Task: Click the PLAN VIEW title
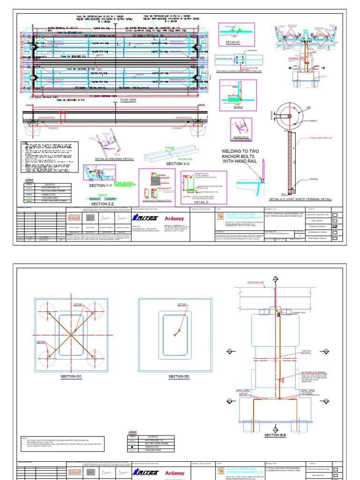pyautogui.click(x=128, y=100)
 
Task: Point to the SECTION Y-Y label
pyautogui.click(x=102, y=186)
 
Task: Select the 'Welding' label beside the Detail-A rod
pyautogui.click(x=314, y=179)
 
